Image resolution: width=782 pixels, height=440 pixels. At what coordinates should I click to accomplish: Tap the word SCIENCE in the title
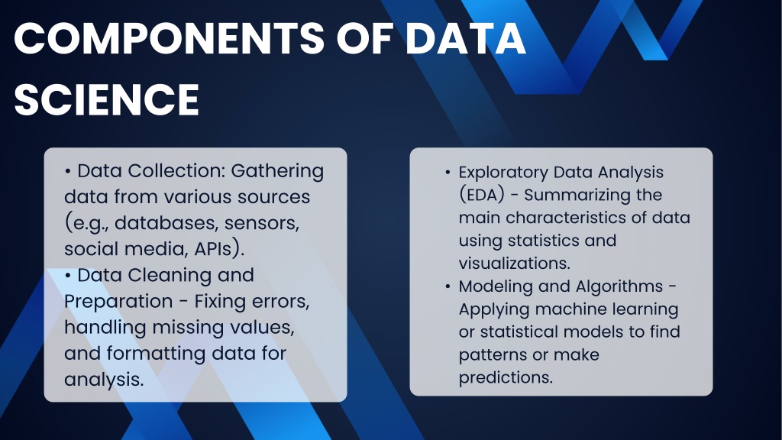pyautogui.click(x=107, y=100)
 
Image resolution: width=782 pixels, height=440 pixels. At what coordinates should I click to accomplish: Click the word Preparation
pyautogui.click(x=118, y=301)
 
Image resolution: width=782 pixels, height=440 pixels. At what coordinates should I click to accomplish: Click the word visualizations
pyautogui.click(x=515, y=264)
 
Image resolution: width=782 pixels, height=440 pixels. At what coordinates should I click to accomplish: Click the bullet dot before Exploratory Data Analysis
pyautogui.click(x=448, y=173)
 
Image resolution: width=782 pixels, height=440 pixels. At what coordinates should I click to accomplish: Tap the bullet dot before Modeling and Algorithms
pyautogui.click(x=448, y=287)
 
